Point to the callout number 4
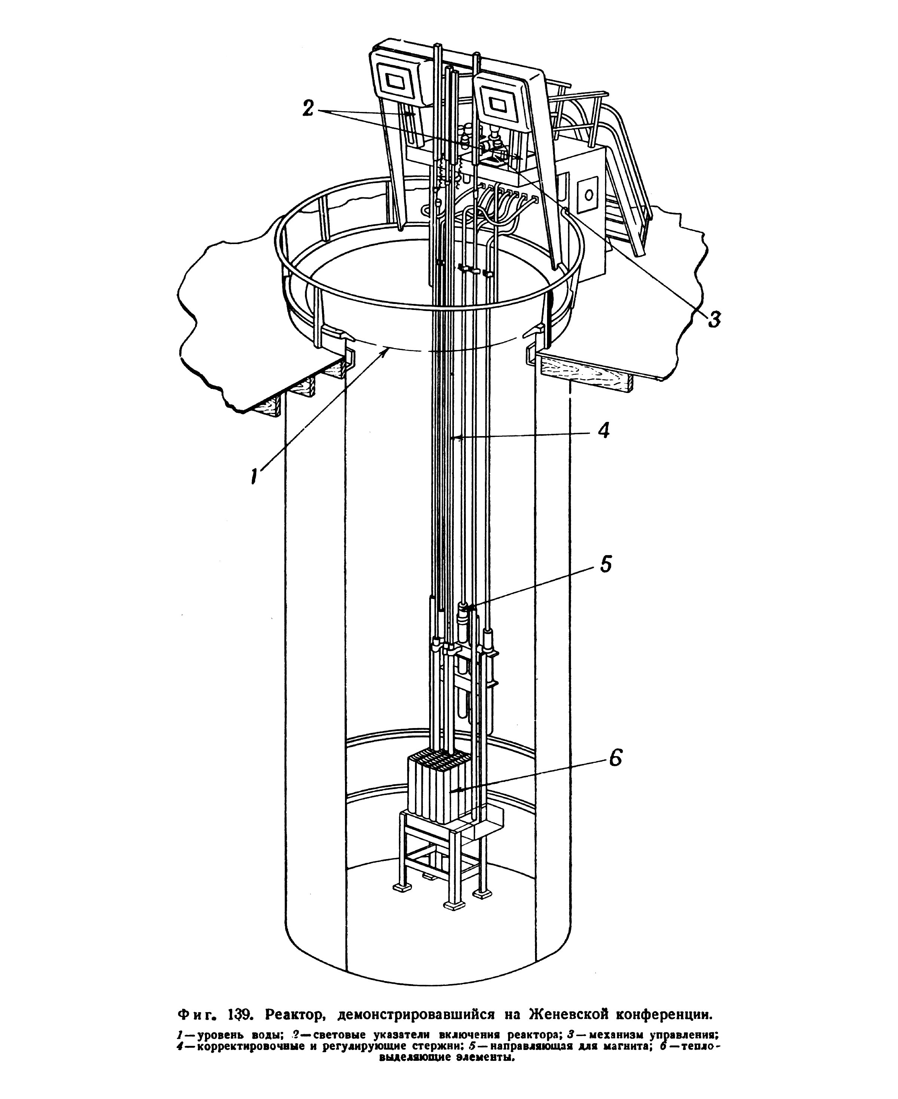point(604,430)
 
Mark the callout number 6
point(614,758)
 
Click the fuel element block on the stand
point(439,791)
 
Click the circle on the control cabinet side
point(589,195)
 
